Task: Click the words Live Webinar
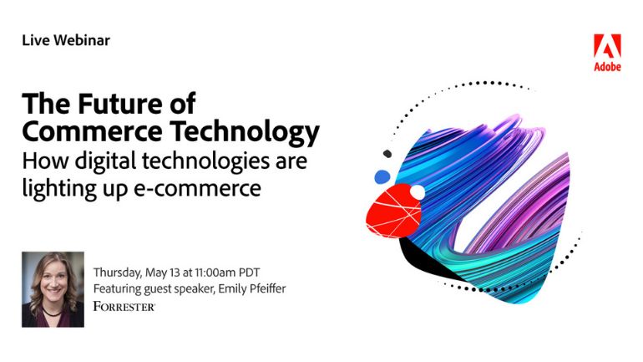point(66,40)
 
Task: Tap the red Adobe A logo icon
point(607,46)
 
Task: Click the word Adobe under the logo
point(607,66)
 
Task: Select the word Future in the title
point(119,104)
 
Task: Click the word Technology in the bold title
point(245,133)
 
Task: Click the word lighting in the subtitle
point(59,189)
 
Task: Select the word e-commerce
point(198,189)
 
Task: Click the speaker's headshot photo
point(53,289)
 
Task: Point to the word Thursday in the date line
point(117,273)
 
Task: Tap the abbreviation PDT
point(250,273)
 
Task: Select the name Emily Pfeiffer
point(252,289)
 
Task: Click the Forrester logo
point(124,306)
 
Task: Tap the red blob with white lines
point(392,212)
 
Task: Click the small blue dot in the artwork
point(382,177)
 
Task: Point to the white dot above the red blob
point(418,192)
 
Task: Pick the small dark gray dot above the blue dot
point(387,154)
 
